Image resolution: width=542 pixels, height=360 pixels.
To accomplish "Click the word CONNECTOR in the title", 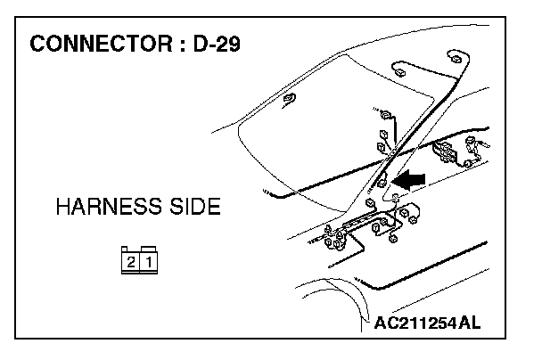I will [99, 45].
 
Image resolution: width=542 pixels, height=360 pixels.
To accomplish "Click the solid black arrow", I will [408, 180].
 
